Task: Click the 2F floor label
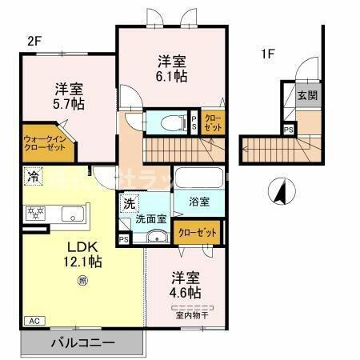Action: [33, 40]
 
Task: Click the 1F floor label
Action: [267, 55]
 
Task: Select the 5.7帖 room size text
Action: [70, 104]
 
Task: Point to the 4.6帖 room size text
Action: [185, 292]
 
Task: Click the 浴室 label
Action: [200, 202]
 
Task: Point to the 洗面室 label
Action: [149, 218]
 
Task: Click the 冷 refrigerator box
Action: [33, 176]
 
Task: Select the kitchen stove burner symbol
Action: [35, 213]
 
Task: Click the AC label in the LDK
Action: [34, 320]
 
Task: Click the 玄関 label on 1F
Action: [307, 95]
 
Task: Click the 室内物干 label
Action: [190, 314]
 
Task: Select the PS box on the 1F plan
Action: [287, 130]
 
